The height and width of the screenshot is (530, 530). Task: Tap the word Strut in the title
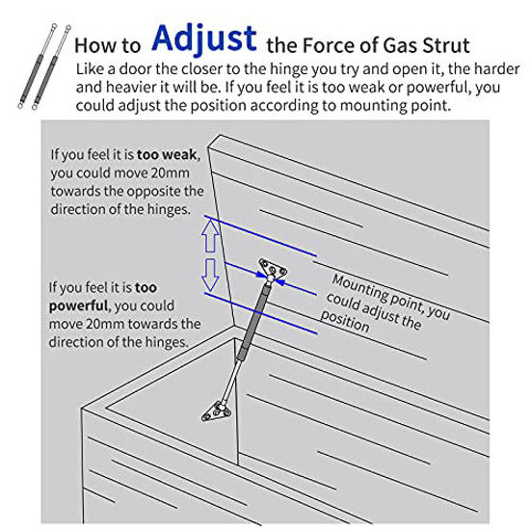click(442, 43)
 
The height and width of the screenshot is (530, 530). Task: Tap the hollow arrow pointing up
click(209, 234)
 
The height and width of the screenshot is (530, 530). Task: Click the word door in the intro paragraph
click(138, 69)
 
